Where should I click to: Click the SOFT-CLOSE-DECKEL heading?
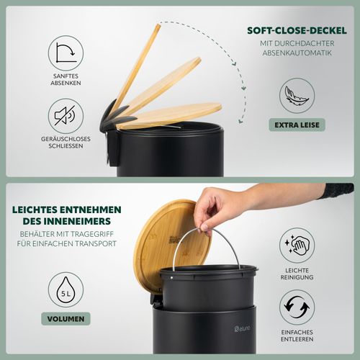[297, 31]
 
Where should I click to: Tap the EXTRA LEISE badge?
[297, 125]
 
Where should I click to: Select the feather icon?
[297, 96]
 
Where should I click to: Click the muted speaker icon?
[65, 116]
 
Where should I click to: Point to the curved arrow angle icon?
[66, 53]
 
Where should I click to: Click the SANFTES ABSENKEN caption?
[66, 79]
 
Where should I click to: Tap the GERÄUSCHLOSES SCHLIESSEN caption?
[66, 143]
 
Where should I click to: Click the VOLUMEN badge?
[66, 319]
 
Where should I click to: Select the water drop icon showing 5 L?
[66, 289]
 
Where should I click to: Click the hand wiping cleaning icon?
[297, 246]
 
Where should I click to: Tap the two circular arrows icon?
[297, 307]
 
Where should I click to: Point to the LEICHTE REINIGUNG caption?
[297, 274]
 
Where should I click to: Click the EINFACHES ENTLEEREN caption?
[297, 336]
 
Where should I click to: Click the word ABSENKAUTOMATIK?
[297, 53]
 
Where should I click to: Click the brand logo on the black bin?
[243, 328]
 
